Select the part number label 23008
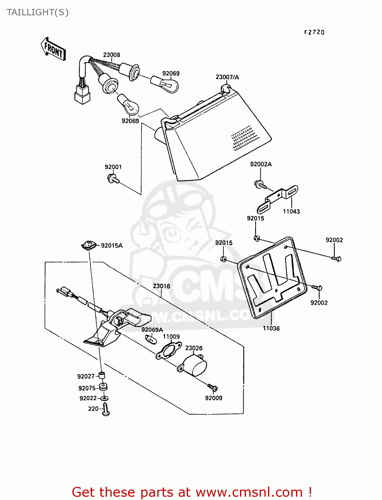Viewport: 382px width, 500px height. (x=111, y=55)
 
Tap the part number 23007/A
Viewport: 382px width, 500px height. (x=227, y=77)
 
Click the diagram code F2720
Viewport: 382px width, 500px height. (x=314, y=32)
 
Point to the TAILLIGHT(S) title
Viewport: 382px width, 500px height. (x=37, y=12)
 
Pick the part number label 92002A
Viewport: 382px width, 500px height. (x=261, y=164)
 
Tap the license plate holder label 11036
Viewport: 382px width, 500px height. (x=271, y=328)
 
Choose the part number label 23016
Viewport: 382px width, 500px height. (x=161, y=286)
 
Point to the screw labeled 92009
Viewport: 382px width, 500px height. (x=212, y=388)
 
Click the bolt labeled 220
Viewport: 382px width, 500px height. (x=106, y=409)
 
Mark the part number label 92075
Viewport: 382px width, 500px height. (x=87, y=388)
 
